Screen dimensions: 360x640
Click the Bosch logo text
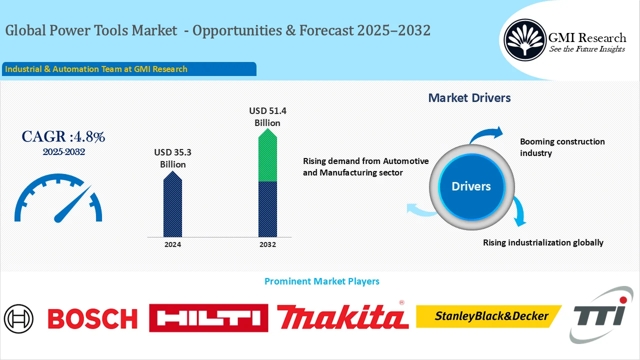coord(92,318)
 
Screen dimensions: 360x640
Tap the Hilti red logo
coord(208,318)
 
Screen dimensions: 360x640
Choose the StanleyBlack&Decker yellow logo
coord(489,316)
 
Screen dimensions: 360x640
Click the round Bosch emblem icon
coord(19,318)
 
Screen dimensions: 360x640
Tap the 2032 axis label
coord(268,244)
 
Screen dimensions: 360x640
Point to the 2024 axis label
coord(172,244)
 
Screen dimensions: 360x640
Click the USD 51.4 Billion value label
coord(267,116)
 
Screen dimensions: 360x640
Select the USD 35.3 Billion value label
coord(172,158)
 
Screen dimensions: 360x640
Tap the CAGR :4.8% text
coord(63,137)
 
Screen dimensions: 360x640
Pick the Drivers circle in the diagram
coord(471,186)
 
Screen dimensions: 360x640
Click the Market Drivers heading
coord(469,98)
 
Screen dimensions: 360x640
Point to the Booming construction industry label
coord(562,147)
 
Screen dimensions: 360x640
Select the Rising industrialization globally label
coord(543,242)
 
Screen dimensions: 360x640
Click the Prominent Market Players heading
coord(321,281)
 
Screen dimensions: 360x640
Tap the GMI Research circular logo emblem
coord(524,39)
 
